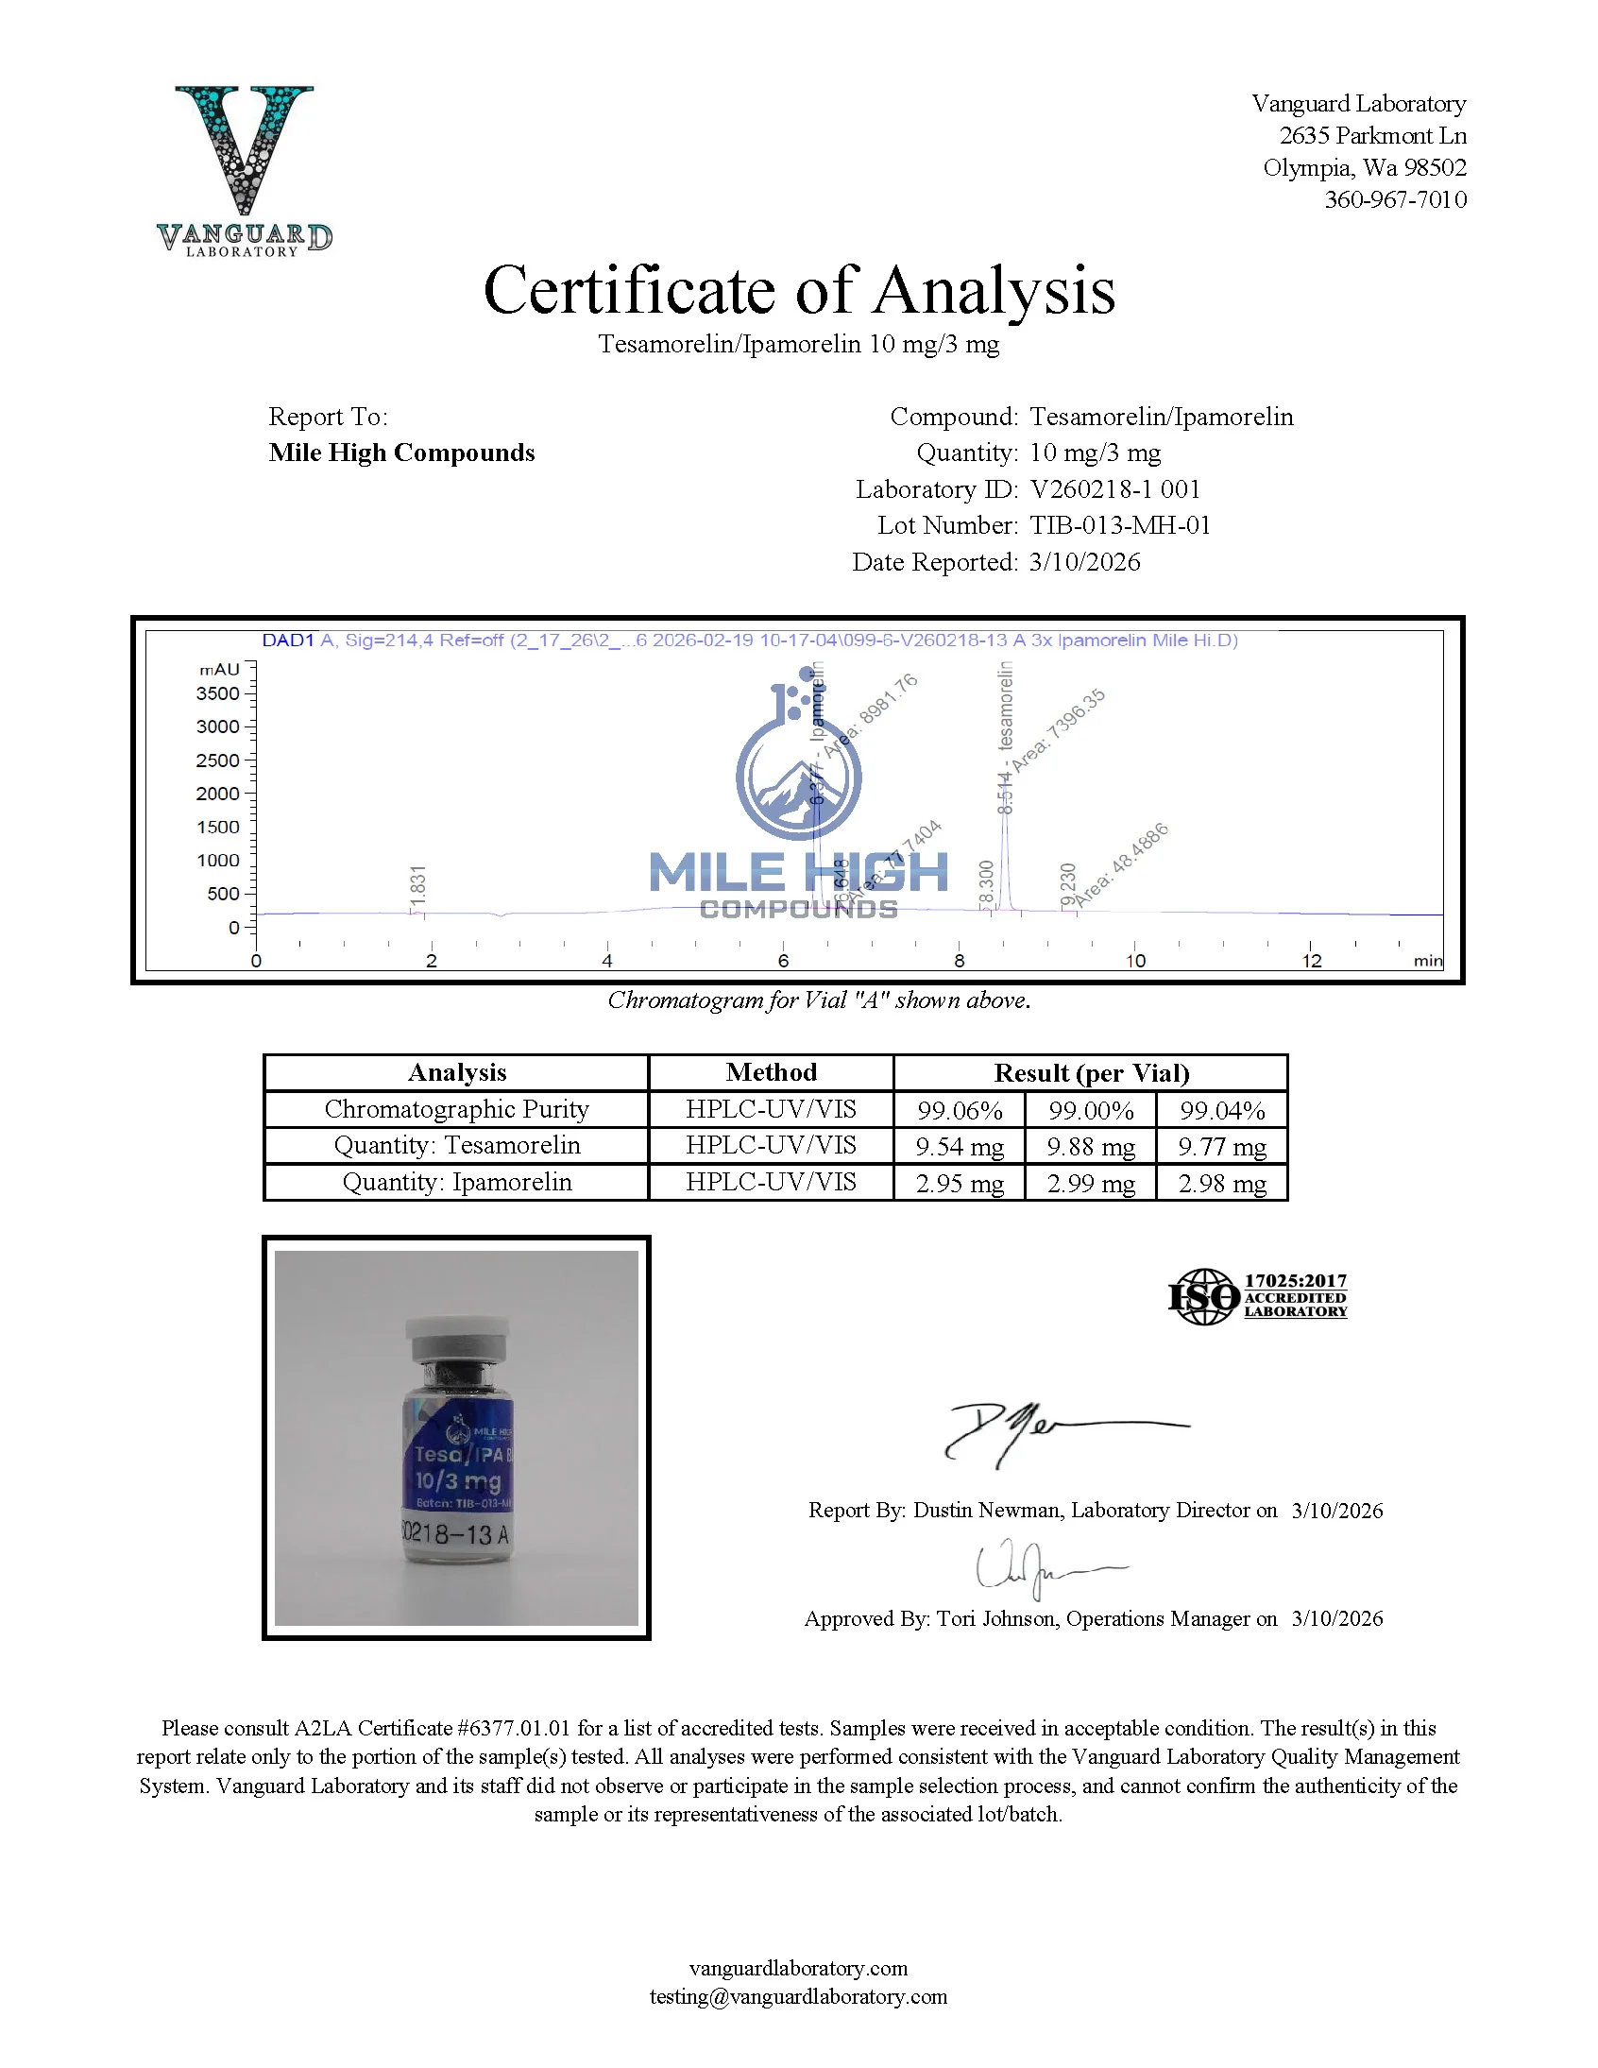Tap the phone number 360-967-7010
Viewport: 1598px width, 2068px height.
click(1394, 199)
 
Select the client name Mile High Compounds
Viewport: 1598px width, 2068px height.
click(401, 453)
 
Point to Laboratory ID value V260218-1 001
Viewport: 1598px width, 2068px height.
click(1114, 489)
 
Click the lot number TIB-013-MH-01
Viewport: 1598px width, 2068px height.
click(1120, 525)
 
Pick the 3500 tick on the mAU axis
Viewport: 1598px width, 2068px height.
click(219, 694)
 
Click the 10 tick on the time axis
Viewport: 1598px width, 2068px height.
click(1135, 961)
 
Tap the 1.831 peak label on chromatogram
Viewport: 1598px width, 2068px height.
click(418, 884)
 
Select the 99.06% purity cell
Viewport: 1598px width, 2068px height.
click(959, 1110)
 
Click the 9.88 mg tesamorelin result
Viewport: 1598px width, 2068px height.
click(1091, 1147)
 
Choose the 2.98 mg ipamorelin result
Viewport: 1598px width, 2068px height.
click(1222, 1184)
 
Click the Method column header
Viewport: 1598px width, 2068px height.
click(771, 1073)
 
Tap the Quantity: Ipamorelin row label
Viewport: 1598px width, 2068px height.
click(456, 1183)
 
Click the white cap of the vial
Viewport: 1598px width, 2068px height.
click(457, 1338)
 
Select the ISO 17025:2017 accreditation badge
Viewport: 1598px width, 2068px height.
click(1257, 1296)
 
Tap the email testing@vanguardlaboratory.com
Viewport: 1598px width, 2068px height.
click(798, 1997)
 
